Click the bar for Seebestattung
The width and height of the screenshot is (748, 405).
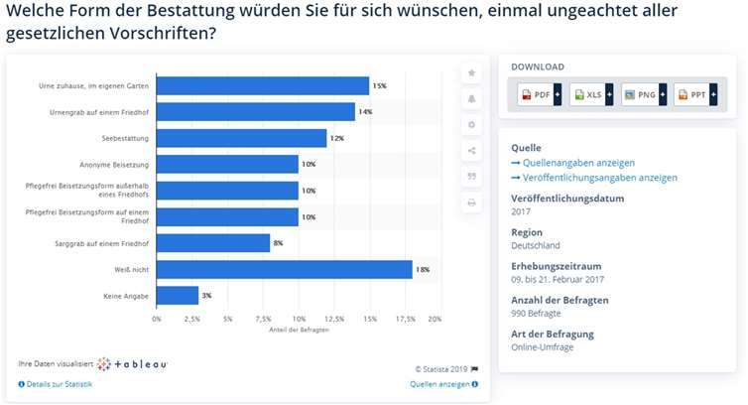tap(241, 138)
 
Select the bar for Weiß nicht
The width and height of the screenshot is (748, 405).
tap(284, 269)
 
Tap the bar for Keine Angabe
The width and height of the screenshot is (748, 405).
tap(178, 295)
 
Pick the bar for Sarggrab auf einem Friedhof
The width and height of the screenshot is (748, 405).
tap(213, 243)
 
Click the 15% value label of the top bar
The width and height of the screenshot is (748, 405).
tap(379, 86)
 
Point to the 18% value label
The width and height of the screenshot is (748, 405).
tap(422, 269)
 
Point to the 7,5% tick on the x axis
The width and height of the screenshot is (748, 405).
tap(263, 319)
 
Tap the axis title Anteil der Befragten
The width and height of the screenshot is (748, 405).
tap(296, 329)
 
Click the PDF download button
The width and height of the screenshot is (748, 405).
tap(537, 94)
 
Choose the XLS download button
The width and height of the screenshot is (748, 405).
tap(588, 94)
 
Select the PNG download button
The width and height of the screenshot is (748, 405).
tap(641, 94)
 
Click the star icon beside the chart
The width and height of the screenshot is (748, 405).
tap(471, 73)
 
